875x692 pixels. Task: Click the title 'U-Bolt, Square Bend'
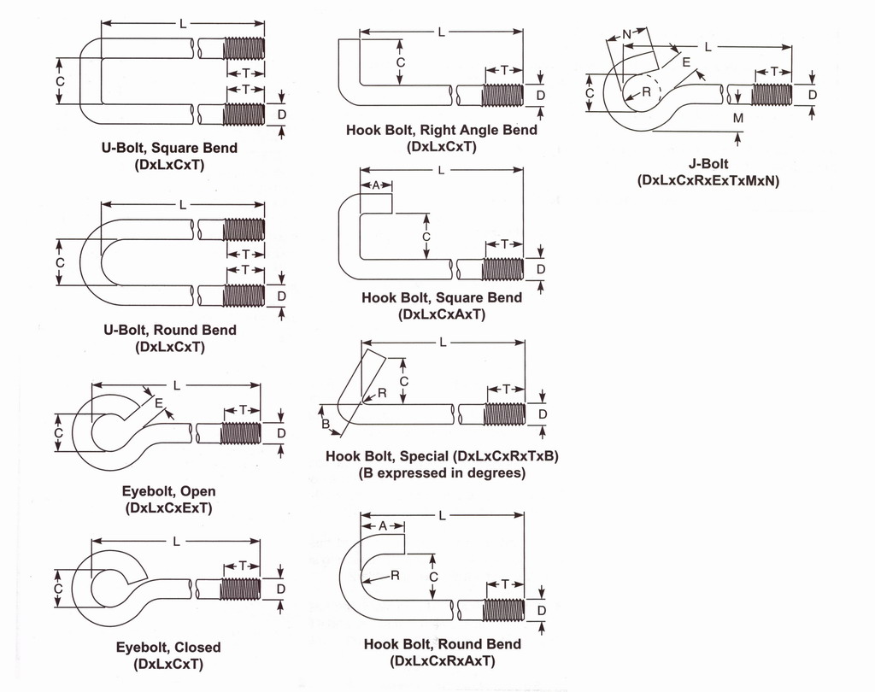[x=169, y=148]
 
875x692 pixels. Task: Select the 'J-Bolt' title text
[x=708, y=163]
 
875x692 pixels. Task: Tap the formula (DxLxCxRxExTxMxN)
[x=708, y=180]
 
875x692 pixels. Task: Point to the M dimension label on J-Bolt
[x=738, y=119]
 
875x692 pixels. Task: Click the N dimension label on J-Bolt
[x=627, y=34]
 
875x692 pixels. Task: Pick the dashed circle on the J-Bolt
[x=641, y=91]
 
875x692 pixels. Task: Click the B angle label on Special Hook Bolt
[x=325, y=425]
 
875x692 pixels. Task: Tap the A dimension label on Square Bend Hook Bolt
[x=377, y=185]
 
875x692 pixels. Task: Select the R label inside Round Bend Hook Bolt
[x=395, y=576]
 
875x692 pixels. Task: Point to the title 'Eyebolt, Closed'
[x=168, y=648]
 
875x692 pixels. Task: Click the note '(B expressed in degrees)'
[x=442, y=472]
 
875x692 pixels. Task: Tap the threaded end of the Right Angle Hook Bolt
[x=502, y=95]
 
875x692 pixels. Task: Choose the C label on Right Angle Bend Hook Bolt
[x=400, y=62]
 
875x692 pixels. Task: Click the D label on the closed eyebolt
[x=281, y=589]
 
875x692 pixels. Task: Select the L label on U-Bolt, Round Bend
[x=183, y=204]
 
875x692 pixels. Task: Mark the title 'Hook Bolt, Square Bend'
[x=442, y=297]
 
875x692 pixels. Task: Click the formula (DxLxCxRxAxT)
[x=442, y=660]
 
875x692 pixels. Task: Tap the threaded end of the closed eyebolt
[x=241, y=589]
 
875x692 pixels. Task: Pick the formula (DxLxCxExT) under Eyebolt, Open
[x=168, y=507]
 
